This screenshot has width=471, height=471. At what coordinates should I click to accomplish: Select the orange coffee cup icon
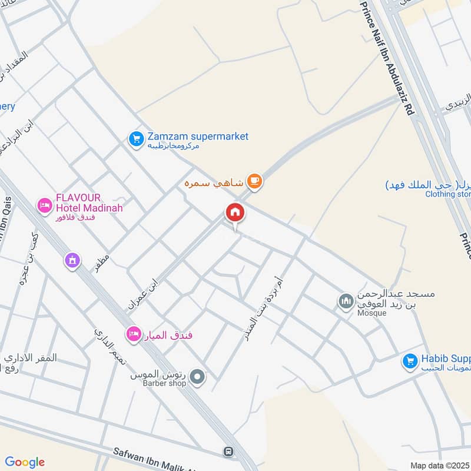[x=254, y=182]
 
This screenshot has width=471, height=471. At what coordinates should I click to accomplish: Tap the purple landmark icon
[x=72, y=260]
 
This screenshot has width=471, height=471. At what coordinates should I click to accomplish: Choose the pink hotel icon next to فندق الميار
[x=134, y=334]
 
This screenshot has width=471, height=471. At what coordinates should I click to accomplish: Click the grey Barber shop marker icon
[x=198, y=376]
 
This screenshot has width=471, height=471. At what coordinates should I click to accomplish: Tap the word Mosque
[x=371, y=313]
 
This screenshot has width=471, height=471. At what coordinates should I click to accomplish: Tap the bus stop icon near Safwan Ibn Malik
[x=227, y=452]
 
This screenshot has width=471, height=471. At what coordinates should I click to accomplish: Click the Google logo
[x=25, y=462]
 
